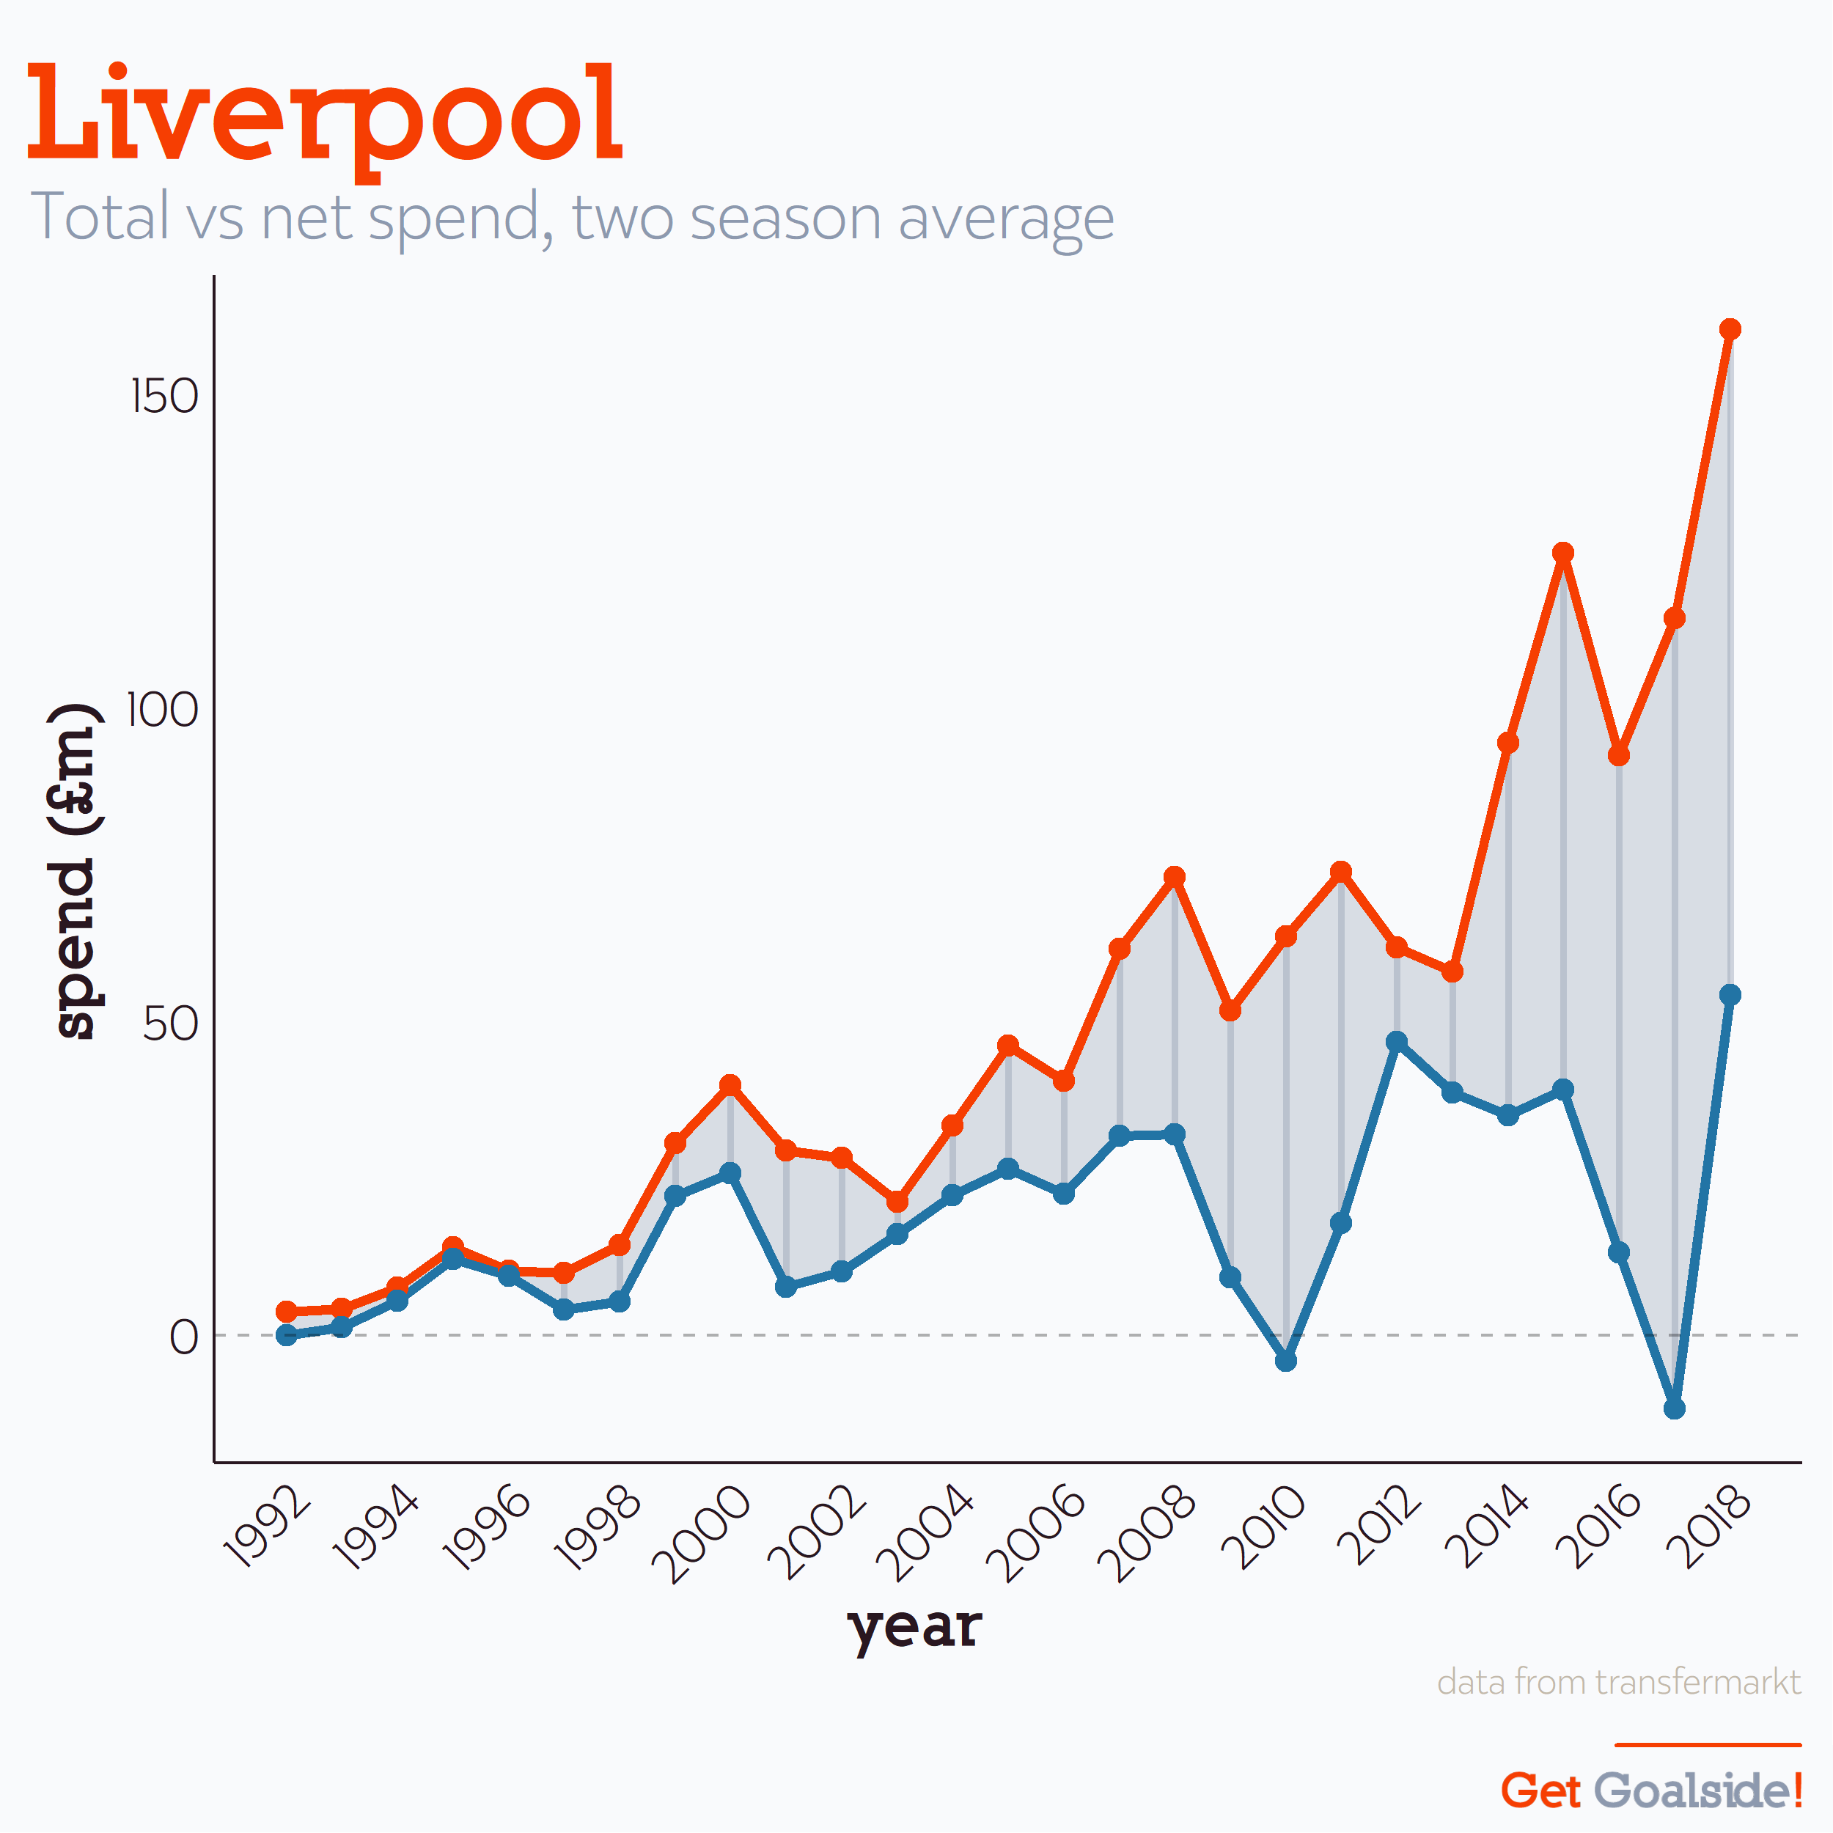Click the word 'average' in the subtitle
[x=1006, y=218]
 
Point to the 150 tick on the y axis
[x=164, y=396]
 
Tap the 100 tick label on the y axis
[x=162, y=710]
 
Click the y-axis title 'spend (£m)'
[x=74, y=871]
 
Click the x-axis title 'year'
[x=914, y=1628]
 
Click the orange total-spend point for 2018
[x=1730, y=329]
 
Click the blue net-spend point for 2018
[x=1730, y=994]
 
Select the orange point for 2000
[x=730, y=1085]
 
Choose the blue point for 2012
[x=1397, y=1042]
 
